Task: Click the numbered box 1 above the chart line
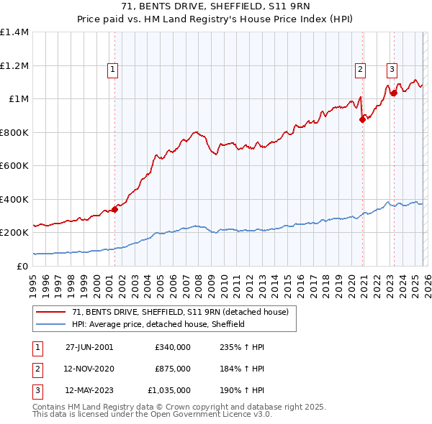pyautogui.click(x=114, y=70)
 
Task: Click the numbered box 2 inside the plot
pyautogui.click(x=359, y=70)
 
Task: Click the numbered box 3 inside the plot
pyautogui.click(x=391, y=70)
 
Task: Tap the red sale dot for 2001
pyautogui.click(x=114, y=210)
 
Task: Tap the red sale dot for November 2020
pyautogui.click(x=362, y=120)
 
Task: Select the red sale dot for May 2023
pyautogui.click(x=394, y=93)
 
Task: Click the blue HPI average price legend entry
pyautogui.click(x=158, y=324)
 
